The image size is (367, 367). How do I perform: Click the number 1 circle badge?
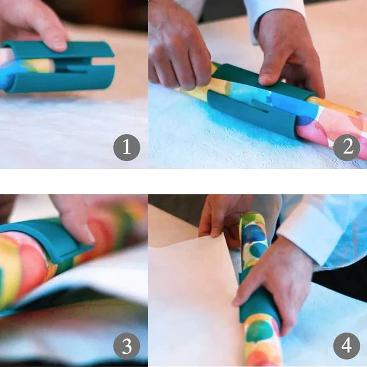126,148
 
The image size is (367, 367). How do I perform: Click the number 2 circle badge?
346,148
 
